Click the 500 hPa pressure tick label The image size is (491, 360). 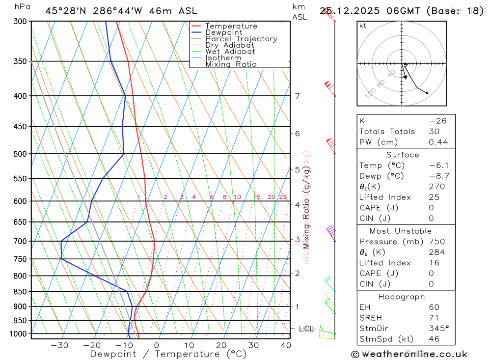click(x=21, y=154)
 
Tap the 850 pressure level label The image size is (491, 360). click(x=21, y=292)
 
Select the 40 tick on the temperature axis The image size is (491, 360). click(x=286, y=345)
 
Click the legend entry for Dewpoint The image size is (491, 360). click(x=223, y=32)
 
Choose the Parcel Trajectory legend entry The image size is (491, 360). click(x=241, y=39)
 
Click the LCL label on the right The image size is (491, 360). click(x=306, y=328)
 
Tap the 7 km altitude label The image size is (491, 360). click(x=297, y=96)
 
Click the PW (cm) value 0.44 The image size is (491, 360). click(x=438, y=142)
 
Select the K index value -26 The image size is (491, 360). click(x=437, y=121)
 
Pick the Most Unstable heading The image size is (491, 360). click(x=400, y=231)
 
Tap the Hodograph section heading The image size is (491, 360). click(x=402, y=297)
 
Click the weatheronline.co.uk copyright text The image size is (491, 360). click(x=409, y=354)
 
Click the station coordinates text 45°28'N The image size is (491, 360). click(x=67, y=11)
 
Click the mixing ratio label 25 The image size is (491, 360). click(x=283, y=197)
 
